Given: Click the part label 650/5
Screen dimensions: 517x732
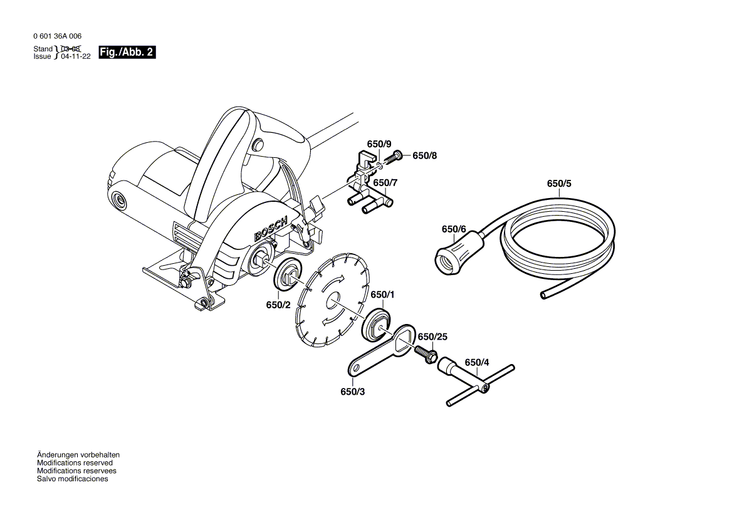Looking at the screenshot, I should coord(559,184).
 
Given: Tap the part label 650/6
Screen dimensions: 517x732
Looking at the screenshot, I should coord(454,229).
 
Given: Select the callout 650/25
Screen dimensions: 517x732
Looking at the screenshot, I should coord(432,337).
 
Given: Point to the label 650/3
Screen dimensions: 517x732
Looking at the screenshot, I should coord(352,392).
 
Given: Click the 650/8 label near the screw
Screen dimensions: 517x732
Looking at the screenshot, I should coord(424,155).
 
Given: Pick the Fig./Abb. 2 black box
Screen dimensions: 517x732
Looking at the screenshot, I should coord(127,52).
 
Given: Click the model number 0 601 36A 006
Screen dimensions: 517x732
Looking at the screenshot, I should coord(57,36).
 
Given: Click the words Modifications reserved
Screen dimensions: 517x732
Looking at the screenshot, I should coord(75,463).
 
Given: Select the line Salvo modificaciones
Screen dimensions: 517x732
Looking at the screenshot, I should coord(72,479).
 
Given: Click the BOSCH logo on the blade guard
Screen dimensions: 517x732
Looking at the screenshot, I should coord(270,229).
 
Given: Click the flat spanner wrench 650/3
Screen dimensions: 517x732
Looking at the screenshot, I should coord(376,354).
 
